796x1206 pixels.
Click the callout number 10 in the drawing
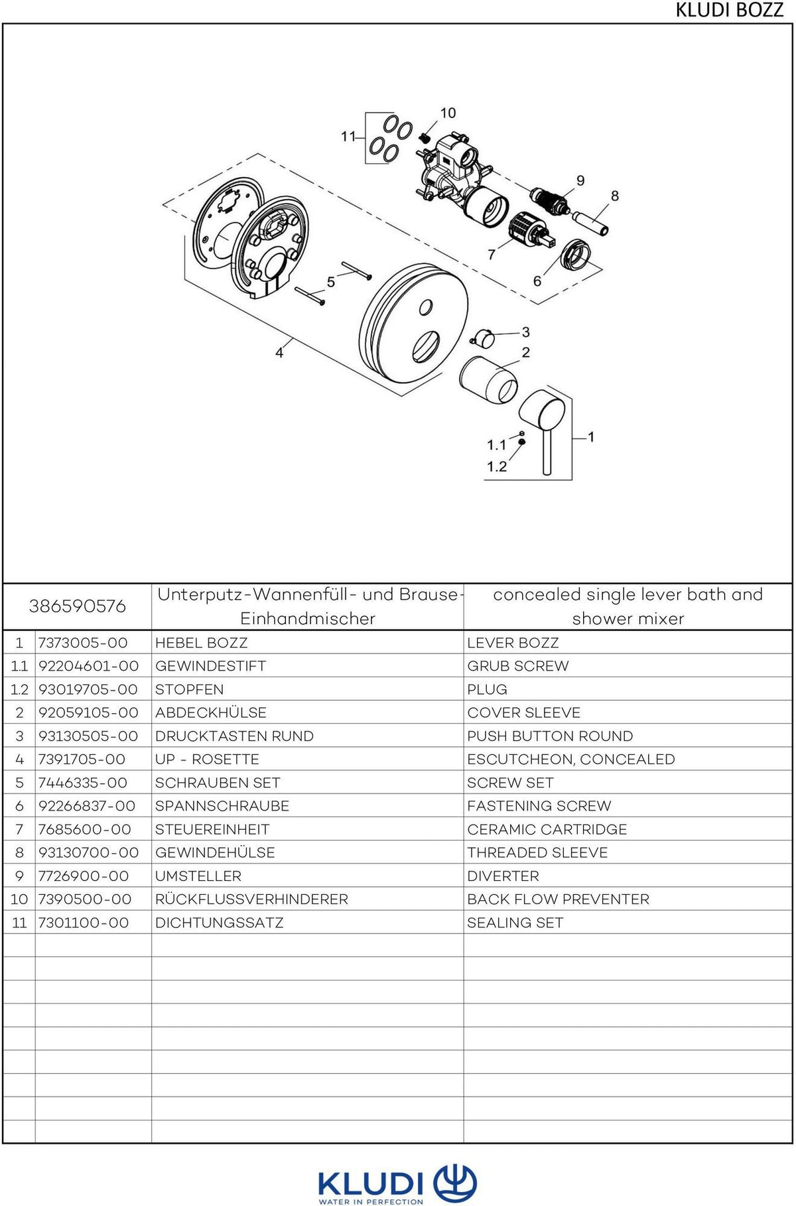click(x=448, y=113)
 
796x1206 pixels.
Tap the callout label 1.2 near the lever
click(x=497, y=466)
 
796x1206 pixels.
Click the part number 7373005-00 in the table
click(x=83, y=643)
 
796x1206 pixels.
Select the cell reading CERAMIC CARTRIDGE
click(x=547, y=829)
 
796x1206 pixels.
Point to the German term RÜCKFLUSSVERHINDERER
click(x=251, y=899)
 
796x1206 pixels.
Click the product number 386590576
click(x=78, y=606)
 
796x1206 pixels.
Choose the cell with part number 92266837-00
click(x=87, y=806)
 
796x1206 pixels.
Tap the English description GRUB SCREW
click(x=518, y=666)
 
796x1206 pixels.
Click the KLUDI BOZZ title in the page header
click(x=730, y=11)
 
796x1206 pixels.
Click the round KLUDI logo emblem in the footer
click(x=455, y=1182)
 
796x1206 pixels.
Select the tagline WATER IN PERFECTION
click(x=371, y=1201)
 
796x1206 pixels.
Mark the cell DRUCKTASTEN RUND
click(x=234, y=736)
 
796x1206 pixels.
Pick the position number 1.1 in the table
click(x=19, y=666)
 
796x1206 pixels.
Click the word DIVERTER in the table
click(x=503, y=876)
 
